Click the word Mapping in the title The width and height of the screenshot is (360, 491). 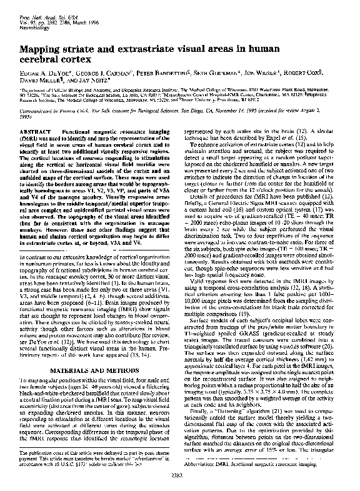(39, 47)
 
